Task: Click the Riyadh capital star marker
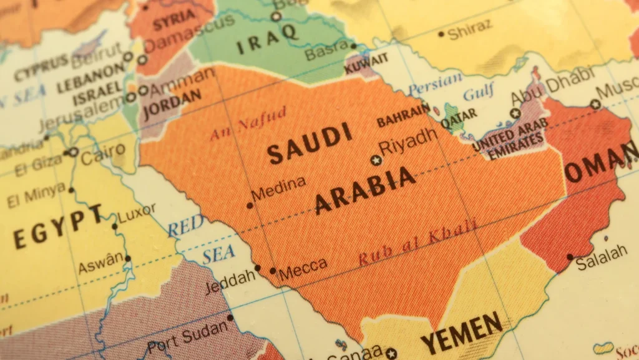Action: click(376, 160)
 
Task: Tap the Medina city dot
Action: click(250, 205)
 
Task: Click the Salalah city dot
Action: click(570, 256)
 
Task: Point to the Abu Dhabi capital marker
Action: click(515, 114)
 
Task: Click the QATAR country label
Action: click(459, 116)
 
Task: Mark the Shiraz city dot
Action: click(441, 34)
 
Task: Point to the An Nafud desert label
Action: click(248, 124)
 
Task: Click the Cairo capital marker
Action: click(74, 152)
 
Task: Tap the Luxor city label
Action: click(137, 215)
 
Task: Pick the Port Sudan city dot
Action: click(230, 318)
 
